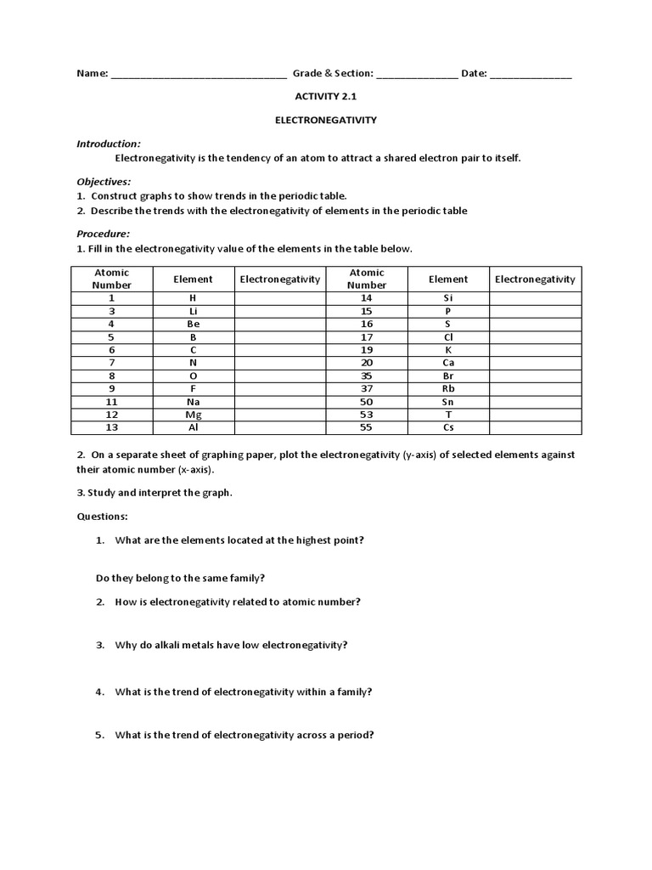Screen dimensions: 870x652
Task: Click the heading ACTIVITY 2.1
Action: tap(326, 97)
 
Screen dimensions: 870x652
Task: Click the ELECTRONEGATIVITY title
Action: tap(326, 121)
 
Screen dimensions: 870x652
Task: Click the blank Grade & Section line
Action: tap(416, 75)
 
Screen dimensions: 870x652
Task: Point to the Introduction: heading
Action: tap(109, 144)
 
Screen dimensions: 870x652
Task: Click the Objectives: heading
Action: tap(104, 182)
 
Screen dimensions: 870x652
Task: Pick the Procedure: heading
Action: tap(103, 234)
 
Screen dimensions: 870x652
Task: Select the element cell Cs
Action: tap(448, 427)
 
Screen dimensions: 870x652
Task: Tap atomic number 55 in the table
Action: tap(367, 427)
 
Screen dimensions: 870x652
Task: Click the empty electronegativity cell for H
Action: tap(280, 299)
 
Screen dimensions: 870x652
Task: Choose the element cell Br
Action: tap(448, 376)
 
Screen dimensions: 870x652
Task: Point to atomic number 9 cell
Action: tap(111, 388)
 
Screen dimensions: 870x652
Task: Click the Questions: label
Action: tap(103, 516)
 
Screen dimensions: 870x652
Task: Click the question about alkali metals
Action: tap(231, 645)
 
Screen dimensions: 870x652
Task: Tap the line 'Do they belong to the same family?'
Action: tap(180, 578)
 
